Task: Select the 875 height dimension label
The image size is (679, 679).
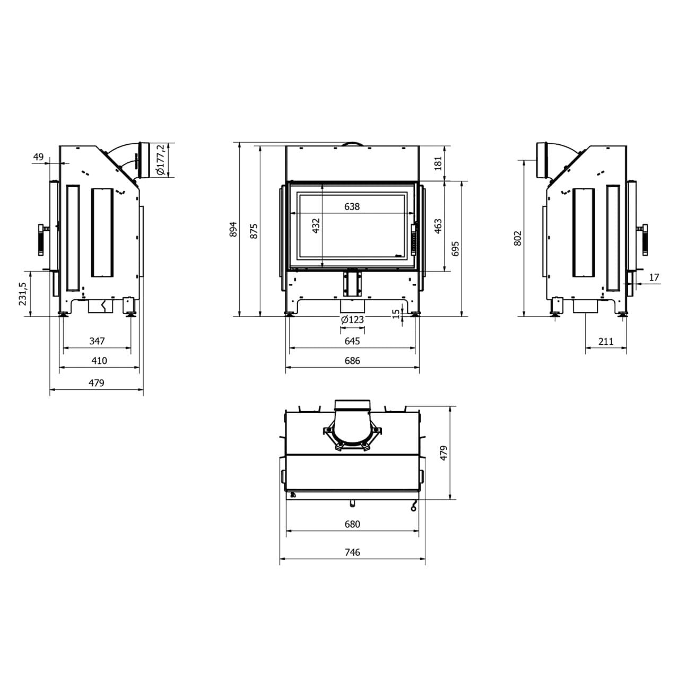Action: [x=254, y=231]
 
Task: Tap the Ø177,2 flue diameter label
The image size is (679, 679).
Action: [x=161, y=161]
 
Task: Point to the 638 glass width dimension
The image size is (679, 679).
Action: [x=352, y=206]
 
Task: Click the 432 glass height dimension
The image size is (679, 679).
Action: [x=316, y=225]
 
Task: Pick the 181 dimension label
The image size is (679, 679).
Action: [x=438, y=162]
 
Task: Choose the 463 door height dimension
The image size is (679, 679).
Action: [x=438, y=227]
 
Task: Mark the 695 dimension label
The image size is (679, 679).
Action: [x=455, y=249]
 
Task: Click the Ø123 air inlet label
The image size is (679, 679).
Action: [x=352, y=319]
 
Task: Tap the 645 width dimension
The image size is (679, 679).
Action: [x=352, y=341]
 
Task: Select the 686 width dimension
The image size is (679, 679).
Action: [x=352, y=361]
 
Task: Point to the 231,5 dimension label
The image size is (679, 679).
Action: [x=22, y=293]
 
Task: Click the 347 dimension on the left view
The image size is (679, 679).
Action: [x=97, y=341]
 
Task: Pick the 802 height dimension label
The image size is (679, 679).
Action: [x=518, y=238]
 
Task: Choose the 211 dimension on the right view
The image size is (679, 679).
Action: [x=605, y=342]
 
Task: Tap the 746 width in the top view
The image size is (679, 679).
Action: [x=352, y=552]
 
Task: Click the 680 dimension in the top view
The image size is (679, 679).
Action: [x=352, y=524]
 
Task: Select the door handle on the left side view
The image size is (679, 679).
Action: [x=41, y=240]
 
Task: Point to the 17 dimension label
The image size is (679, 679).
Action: [x=654, y=277]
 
